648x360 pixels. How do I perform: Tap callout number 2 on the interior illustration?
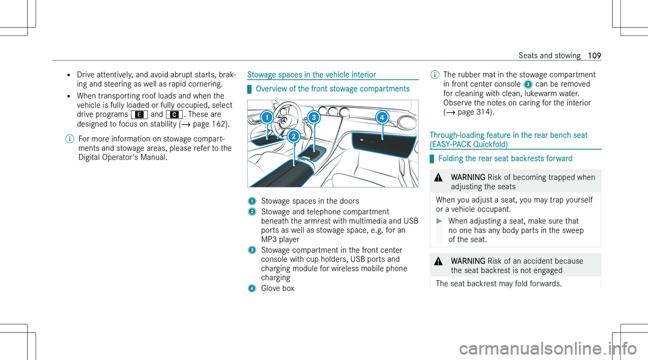pos(294,136)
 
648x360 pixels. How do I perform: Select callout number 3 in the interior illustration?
pos(314,117)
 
